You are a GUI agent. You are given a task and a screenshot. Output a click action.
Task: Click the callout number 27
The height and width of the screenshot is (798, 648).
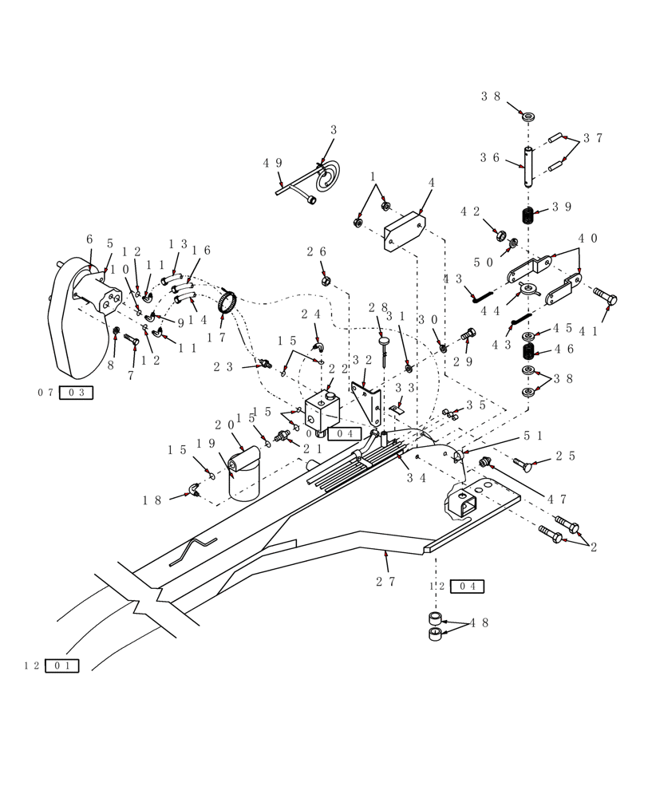click(x=385, y=582)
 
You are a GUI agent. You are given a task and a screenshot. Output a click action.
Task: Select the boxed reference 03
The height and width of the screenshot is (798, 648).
click(x=76, y=393)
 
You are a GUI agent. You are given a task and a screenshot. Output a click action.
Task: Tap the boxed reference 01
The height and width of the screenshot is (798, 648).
click(x=61, y=666)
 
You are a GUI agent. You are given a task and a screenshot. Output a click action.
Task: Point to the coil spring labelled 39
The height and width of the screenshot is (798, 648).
click(x=527, y=215)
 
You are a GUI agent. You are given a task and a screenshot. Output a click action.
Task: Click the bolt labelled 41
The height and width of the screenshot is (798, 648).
click(x=604, y=298)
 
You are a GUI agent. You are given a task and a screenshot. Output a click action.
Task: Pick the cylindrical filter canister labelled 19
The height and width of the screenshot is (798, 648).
click(x=243, y=476)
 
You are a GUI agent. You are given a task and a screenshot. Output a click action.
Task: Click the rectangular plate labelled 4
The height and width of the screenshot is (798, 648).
click(x=405, y=232)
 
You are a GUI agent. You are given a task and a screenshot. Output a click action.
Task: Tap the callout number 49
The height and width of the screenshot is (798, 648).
click(x=272, y=164)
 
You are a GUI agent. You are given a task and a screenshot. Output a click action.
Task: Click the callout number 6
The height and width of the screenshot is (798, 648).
click(x=89, y=240)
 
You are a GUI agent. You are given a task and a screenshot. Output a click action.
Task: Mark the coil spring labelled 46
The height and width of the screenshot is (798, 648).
click(x=527, y=350)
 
